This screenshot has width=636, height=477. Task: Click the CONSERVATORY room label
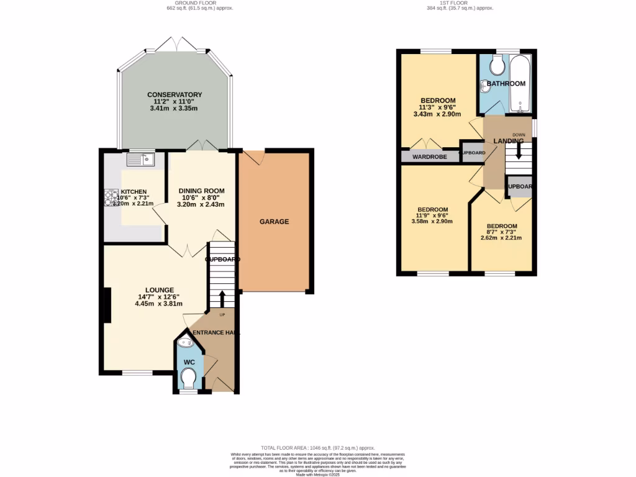point(175,94)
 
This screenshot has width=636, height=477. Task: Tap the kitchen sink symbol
point(140,160)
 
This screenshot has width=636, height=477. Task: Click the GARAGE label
point(274,222)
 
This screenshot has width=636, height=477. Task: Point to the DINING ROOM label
point(201,191)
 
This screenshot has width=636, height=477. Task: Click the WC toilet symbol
point(188,376)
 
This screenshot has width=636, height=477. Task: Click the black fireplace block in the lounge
point(107,305)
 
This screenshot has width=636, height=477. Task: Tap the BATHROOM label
point(506,83)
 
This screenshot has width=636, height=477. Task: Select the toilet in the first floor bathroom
point(497,65)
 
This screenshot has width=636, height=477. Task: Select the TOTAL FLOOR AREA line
point(317,448)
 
